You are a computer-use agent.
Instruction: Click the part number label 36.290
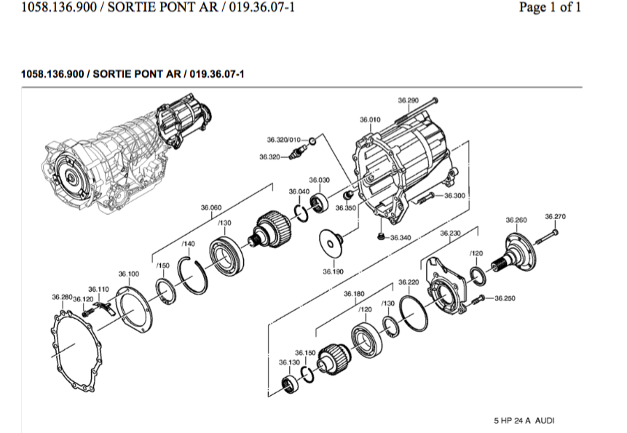408,100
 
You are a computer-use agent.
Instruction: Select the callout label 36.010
370,119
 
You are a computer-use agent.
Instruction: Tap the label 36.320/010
284,138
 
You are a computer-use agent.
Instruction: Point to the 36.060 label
211,207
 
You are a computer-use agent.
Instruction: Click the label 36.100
129,274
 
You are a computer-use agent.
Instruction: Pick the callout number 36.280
62,297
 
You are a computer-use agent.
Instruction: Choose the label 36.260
516,219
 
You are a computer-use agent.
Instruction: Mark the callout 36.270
555,216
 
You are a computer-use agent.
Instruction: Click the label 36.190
334,271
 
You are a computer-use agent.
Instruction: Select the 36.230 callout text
451,233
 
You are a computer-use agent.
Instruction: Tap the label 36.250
505,298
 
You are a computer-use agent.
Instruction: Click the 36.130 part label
289,361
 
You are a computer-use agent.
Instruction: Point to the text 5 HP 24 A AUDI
524,421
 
